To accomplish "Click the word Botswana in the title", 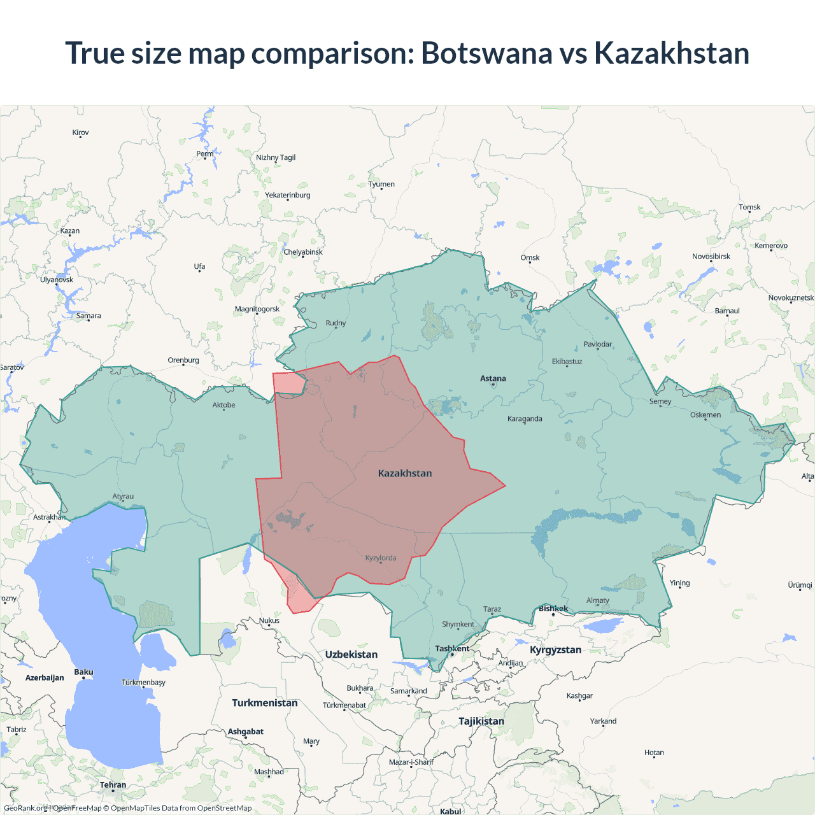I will pyautogui.click(x=486, y=53).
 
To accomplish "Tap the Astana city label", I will pyautogui.click(x=493, y=378).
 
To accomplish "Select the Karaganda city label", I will pyautogui.click(x=525, y=418).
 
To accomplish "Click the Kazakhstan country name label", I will pyautogui.click(x=405, y=473).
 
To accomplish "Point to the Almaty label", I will pyautogui.click(x=597, y=600).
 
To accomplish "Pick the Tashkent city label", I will pyautogui.click(x=452, y=649).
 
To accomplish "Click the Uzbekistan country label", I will pyautogui.click(x=351, y=655).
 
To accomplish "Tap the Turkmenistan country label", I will pyautogui.click(x=264, y=703).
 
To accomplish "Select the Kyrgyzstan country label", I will pyautogui.click(x=555, y=650).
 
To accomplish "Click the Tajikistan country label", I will pyautogui.click(x=481, y=721).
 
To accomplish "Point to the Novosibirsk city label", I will pyautogui.click(x=711, y=257).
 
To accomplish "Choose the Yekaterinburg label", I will pyautogui.click(x=288, y=195).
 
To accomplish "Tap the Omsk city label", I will pyautogui.click(x=530, y=258).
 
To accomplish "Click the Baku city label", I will pyautogui.click(x=83, y=672).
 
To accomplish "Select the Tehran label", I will pyautogui.click(x=113, y=785).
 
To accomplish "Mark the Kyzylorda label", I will pyautogui.click(x=381, y=558).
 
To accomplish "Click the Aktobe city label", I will pyautogui.click(x=223, y=405).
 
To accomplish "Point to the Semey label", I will pyautogui.click(x=660, y=401).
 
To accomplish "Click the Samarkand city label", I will pyautogui.click(x=408, y=691).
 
